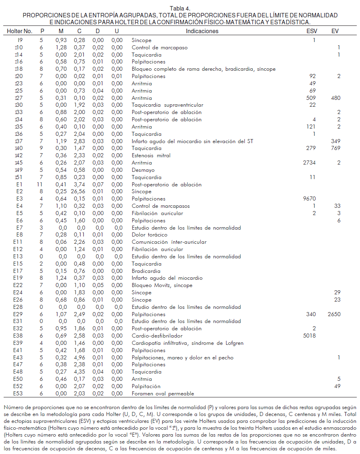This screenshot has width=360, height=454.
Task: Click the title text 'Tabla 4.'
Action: (x=180, y=8)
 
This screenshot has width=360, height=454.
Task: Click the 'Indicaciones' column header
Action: (x=202, y=31)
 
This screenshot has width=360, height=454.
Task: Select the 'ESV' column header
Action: (x=312, y=31)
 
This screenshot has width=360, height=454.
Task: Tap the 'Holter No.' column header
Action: (x=19, y=31)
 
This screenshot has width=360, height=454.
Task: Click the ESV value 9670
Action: (x=309, y=199)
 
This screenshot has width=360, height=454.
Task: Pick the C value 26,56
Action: (x=79, y=192)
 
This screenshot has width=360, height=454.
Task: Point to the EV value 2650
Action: (x=334, y=315)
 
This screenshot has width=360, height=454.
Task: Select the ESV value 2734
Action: (x=309, y=163)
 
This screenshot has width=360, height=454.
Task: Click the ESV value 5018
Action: (x=309, y=336)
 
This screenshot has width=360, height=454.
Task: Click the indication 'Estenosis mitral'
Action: (x=151, y=156)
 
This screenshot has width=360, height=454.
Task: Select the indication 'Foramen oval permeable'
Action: (x=163, y=394)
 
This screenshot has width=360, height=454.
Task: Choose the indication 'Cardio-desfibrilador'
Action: (x=157, y=336)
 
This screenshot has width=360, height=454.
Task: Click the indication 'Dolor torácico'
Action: (x=150, y=235)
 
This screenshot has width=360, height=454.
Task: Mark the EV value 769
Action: (x=336, y=148)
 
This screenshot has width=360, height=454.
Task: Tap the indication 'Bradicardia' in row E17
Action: (x=146, y=271)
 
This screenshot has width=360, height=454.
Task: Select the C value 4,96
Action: (x=79, y=358)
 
